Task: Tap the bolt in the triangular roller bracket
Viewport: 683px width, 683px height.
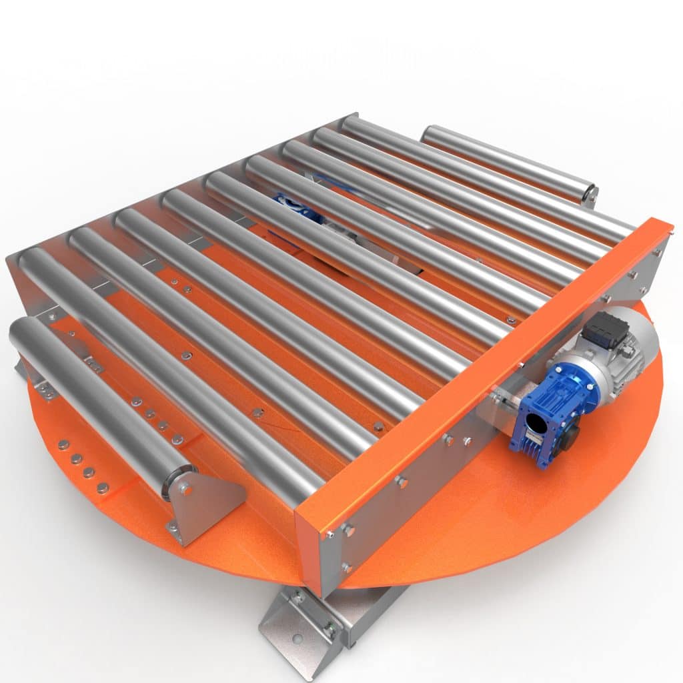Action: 185,490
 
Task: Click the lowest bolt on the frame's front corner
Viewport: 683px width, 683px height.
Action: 346,567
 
